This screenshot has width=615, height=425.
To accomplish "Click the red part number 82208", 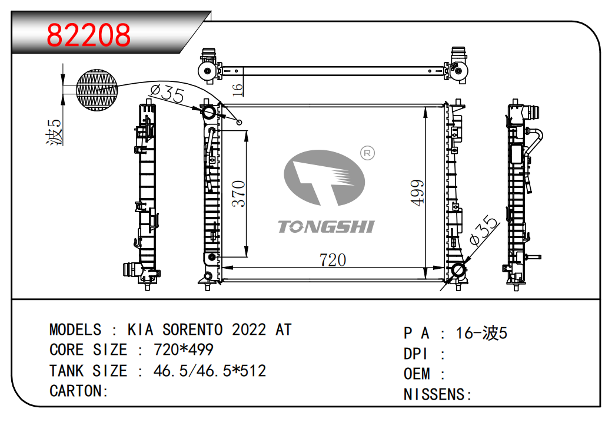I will tap(89, 35).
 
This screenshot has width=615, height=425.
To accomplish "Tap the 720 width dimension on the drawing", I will tap(332, 260).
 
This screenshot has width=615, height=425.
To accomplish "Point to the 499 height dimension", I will tap(417, 192).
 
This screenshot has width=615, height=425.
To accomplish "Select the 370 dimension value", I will tap(238, 194).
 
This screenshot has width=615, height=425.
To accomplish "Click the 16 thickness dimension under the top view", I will tap(238, 88).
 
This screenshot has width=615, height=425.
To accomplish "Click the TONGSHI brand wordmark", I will tap(326, 226).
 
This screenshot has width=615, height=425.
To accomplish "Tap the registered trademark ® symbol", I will tap(367, 153).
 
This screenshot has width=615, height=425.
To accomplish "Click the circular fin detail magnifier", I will tap(97, 90).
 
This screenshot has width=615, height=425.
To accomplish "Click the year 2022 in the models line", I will tap(249, 330).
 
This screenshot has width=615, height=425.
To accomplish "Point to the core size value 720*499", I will tap(183, 350).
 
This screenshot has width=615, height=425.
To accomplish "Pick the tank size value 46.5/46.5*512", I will tap(210, 371).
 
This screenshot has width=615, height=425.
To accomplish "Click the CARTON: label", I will tap(79, 391).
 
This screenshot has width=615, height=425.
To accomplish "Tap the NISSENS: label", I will tap(438, 394).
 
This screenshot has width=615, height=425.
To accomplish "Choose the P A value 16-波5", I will tap(481, 334).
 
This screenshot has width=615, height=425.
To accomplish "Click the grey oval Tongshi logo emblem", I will tap(324, 177).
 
